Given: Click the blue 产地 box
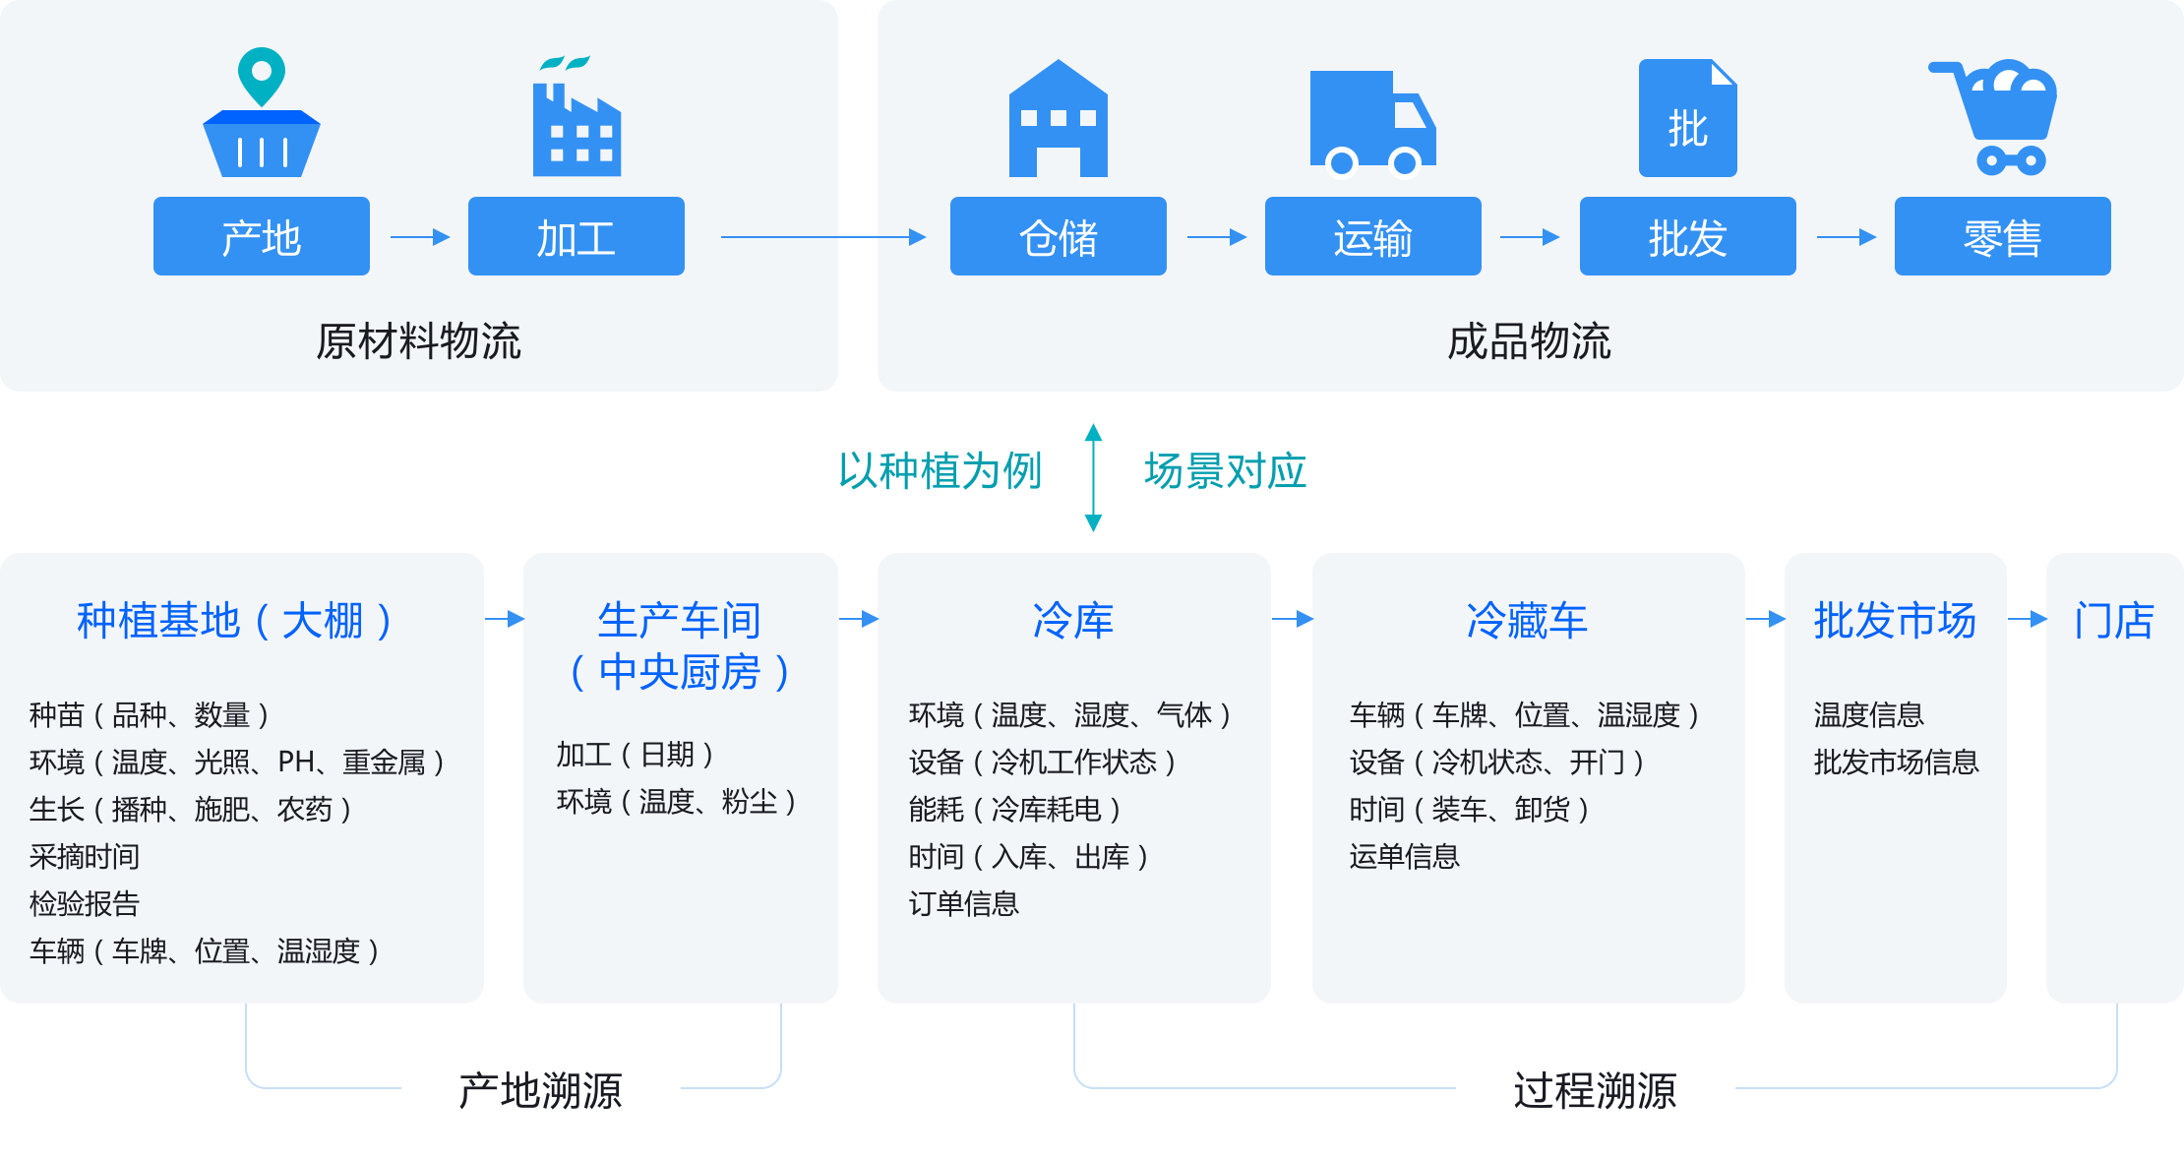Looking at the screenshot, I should (x=261, y=236).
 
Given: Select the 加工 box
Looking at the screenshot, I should (x=576, y=236).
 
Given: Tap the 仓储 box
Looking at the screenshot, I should (x=1058, y=236).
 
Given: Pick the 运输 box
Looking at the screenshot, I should (x=1372, y=236).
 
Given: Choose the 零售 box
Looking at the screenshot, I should (x=2002, y=236).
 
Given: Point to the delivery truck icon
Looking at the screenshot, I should (x=1371, y=122).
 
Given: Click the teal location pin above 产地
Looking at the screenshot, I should (x=261, y=75).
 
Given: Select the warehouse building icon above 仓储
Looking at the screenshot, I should (x=1058, y=120).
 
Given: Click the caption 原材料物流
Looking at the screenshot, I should (x=418, y=341).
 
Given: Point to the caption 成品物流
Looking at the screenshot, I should (x=1529, y=341).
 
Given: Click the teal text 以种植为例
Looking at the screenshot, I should (x=940, y=471).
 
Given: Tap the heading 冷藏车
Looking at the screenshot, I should (x=1527, y=621).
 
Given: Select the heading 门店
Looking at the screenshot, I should (x=2113, y=621).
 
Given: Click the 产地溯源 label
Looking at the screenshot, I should (x=540, y=1091).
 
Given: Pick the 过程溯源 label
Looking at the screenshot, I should (x=1595, y=1091).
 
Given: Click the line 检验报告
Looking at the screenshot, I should (x=85, y=903).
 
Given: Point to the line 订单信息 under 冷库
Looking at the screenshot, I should (x=963, y=903).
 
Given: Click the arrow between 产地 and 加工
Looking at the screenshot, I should (x=420, y=237).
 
